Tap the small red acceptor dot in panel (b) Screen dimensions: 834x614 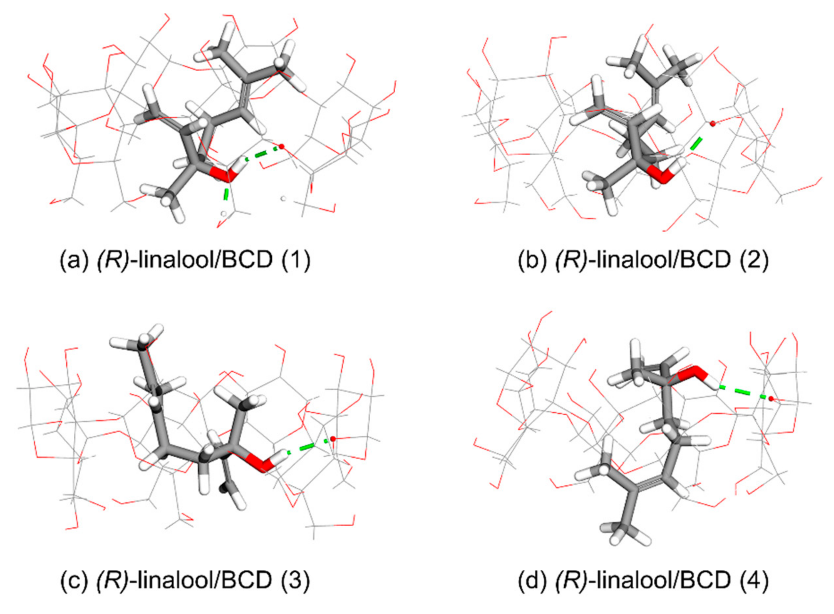pos(712,123)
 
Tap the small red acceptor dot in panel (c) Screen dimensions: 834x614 pos(333,439)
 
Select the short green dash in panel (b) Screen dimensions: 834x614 pos(696,143)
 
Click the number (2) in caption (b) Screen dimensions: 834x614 pos(754,260)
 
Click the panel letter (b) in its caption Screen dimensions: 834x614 pos(532,260)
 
